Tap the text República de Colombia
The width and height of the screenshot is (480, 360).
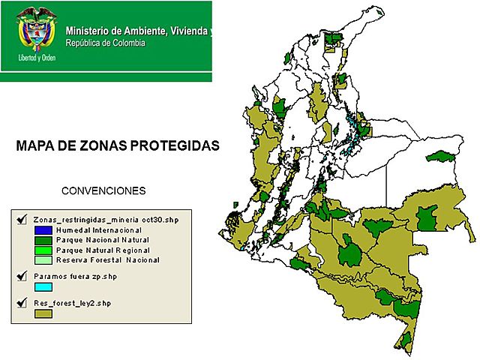[106, 43]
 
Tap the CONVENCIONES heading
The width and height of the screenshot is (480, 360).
[103, 190]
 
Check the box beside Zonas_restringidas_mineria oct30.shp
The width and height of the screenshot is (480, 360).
[21, 218]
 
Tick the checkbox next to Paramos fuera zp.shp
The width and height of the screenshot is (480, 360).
[21, 276]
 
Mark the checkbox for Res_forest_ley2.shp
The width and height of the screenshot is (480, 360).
[21, 302]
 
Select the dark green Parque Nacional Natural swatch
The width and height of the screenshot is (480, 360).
[43, 239]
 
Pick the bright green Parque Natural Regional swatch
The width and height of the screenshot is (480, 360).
[43, 250]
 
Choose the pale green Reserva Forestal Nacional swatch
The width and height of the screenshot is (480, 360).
[43, 260]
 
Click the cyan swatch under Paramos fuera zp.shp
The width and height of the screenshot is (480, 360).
[43, 286]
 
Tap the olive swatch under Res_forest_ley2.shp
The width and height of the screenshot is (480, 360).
[43, 313]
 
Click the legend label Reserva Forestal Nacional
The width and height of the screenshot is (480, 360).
[108, 260]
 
